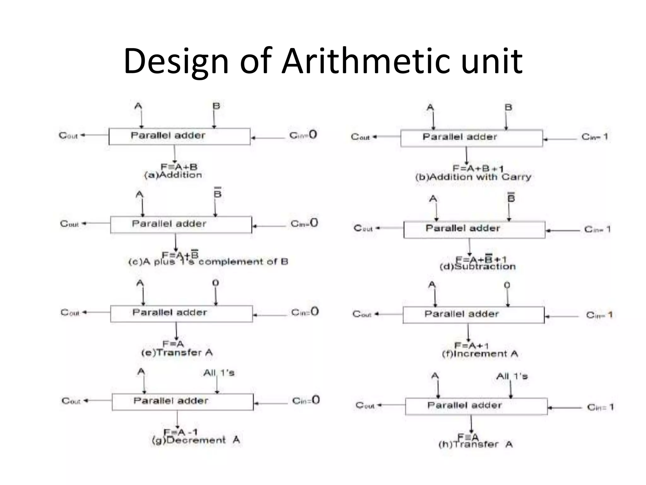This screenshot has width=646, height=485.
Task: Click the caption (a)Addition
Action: [173, 175]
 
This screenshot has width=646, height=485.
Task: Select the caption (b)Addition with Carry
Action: [473, 177]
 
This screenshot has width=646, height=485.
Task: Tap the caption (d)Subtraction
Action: [478, 267]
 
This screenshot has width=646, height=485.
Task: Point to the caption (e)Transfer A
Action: [177, 353]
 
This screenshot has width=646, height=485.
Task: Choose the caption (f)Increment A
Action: [480, 354]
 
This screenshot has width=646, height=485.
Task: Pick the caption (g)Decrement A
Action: [196, 440]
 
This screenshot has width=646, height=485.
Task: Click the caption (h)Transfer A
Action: [475, 445]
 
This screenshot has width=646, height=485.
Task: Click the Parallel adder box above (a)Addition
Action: [179, 136]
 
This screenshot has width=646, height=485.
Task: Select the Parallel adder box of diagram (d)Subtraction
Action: [474, 230]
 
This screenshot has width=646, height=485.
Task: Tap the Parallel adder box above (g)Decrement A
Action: [183, 402]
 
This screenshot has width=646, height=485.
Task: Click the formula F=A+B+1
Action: [478, 168]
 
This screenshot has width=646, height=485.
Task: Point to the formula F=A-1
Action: [180, 432]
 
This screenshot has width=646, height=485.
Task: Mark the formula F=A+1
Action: [471, 345]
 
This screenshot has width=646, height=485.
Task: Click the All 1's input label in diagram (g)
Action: [219, 373]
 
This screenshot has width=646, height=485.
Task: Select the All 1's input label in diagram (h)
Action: [512, 376]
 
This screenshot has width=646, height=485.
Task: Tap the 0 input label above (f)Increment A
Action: [507, 285]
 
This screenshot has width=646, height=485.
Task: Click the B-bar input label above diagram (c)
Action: [217, 193]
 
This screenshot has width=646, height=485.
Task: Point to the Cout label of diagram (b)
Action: [360, 137]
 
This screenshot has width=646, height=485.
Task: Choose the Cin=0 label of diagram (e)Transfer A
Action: [305, 312]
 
